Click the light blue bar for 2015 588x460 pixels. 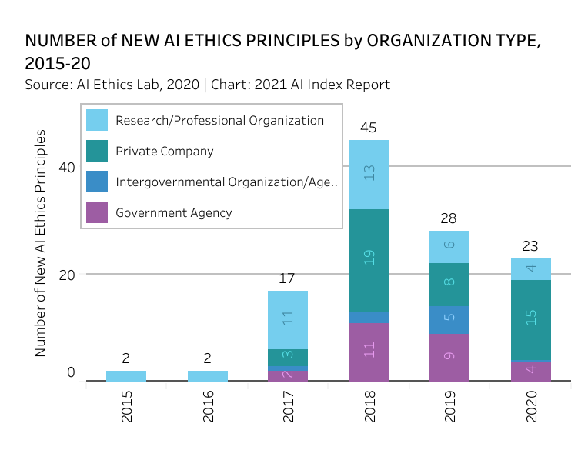coord(126,375)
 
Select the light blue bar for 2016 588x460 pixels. coord(208,375)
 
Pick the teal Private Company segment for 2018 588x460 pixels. coord(369,260)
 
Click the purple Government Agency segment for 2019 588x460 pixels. coord(450,356)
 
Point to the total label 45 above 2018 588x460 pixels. coord(369,128)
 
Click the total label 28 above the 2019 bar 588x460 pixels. coord(450,219)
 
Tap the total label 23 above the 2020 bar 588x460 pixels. coord(531,247)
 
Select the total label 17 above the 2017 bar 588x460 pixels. coord(288,279)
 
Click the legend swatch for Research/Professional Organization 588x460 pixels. coord(97,120)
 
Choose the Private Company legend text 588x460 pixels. coord(165,151)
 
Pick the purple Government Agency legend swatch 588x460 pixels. coord(97,212)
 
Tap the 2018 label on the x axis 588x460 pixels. coord(369,406)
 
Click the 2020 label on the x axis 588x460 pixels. coord(531,406)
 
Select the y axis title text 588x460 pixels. coord(41,242)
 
